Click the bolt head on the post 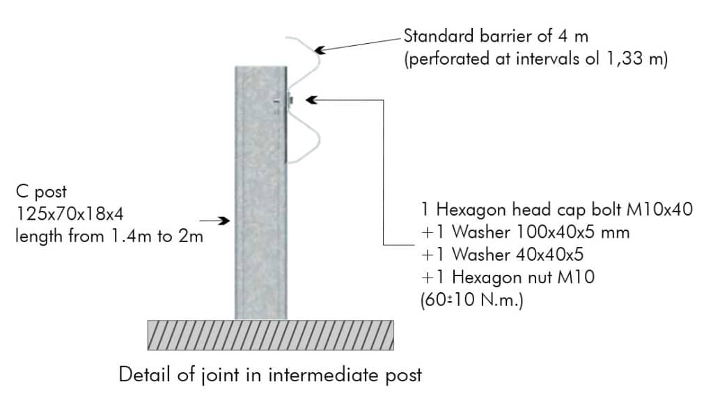[290, 100]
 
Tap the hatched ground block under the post [271, 335]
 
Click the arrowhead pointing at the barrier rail [320, 49]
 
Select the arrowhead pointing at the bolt [311, 99]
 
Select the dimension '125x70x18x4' [70, 214]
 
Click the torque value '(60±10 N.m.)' [472, 300]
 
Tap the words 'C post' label [41, 192]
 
